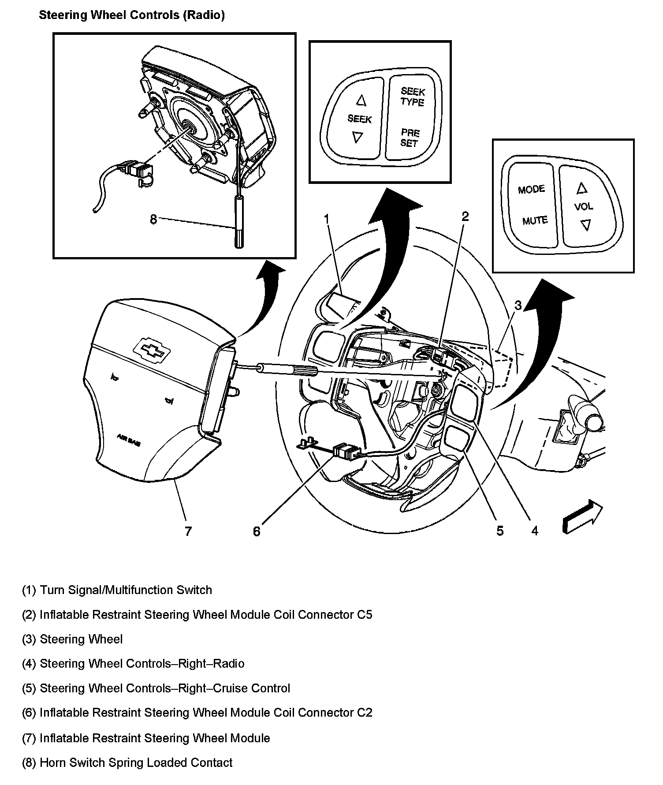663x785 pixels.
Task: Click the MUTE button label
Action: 535,221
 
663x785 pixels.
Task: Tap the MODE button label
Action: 531,189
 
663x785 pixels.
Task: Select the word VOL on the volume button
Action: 584,206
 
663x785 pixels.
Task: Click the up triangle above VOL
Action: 582,188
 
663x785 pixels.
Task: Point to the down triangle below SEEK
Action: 357,138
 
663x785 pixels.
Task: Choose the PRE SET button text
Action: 410,138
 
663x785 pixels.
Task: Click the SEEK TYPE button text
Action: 413,97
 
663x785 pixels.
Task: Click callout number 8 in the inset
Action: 153,219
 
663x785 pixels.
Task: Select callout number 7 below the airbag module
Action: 188,531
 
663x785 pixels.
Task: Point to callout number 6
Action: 257,531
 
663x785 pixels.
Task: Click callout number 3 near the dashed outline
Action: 518,305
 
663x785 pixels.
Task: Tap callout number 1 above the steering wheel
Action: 327,219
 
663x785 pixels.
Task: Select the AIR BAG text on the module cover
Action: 129,440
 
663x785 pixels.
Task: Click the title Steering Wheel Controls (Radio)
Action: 132,15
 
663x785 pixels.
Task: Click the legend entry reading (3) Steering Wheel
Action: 72,639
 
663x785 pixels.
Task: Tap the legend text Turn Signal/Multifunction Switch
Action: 126,590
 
